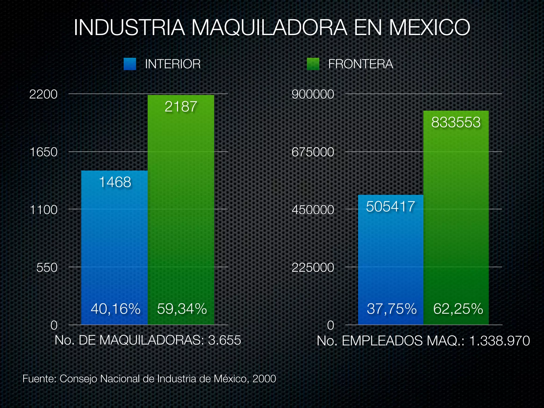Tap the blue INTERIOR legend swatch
(130, 64)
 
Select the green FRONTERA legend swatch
(313, 64)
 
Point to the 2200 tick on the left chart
(43, 94)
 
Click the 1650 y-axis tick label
(43, 152)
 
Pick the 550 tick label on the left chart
(47, 267)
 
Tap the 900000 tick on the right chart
(313, 94)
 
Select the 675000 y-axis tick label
(313, 152)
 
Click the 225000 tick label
(313, 267)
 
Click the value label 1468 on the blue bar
(115, 182)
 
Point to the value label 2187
(181, 107)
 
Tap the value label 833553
(456, 122)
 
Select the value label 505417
(390, 206)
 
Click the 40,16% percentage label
(115, 309)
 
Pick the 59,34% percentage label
(182, 309)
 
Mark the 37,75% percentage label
(392, 309)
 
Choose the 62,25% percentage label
(458, 309)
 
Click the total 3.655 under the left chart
(224, 340)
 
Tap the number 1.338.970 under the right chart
(499, 341)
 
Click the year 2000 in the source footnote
(264, 379)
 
